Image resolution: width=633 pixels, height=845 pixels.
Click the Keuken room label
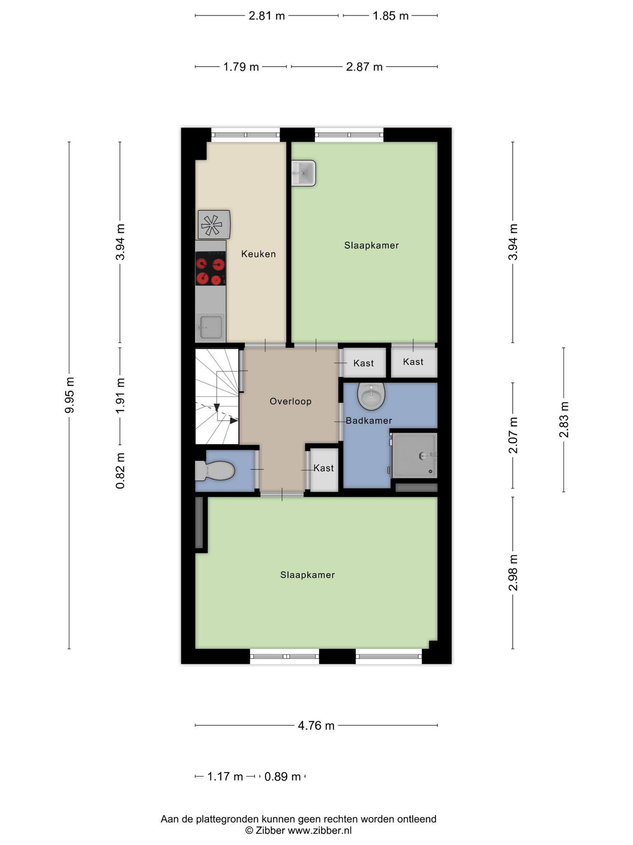click(x=258, y=254)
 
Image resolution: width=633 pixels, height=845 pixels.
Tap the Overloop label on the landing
click(x=291, y=401)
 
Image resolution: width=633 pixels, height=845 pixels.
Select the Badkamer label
click(x=369, y=420)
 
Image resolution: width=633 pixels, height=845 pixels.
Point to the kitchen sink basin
click(x=211, y=327)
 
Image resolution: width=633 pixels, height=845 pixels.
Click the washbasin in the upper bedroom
click(x=304, y=173)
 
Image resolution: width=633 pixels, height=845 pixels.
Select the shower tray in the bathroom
click(x=414, y=456)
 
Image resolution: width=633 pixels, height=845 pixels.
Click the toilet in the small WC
click(x=215, y=471)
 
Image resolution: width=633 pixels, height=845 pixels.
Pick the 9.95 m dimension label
click(x=69, y=395)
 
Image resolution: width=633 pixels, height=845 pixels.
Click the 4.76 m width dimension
click(x=316, y=725)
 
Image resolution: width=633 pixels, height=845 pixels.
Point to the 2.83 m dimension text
click(x=563, y=420)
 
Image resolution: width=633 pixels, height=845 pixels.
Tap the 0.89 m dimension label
click(x=282, y=777)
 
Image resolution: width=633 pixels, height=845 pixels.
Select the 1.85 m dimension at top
click(x=390, y=16)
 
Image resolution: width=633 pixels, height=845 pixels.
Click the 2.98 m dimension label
click(x=513, y=573)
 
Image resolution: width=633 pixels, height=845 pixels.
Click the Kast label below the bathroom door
click(x=324, y=468)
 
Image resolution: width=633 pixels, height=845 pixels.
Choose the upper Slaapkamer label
click(x=371, y=245)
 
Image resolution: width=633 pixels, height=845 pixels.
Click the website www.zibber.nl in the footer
click(x=319, y=830)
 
